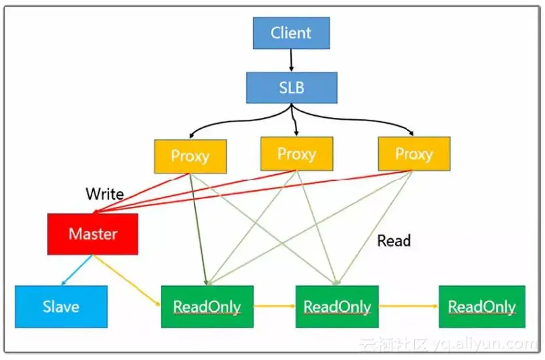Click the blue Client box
coord(291,33)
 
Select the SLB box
coord(292,88)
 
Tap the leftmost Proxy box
coord(190,156)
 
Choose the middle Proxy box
coord(297,154)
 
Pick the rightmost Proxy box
coord(414,154)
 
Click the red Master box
coord(93,234)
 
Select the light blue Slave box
coord(62,307)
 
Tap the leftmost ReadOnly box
coord(207,307)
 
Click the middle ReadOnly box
coord(337,307)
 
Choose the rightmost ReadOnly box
coord(482,307)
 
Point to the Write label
coord(105,194)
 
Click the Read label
coord(394,241)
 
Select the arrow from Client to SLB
coord(291,60)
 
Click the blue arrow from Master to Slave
coord(77,270)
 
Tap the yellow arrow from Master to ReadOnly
coord(127,280)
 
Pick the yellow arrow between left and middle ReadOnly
coord(275,306)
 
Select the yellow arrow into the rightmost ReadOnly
coord(409,306)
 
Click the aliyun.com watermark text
coord(484,344)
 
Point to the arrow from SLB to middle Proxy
coord(294,120)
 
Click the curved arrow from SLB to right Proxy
coord(358,118)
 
